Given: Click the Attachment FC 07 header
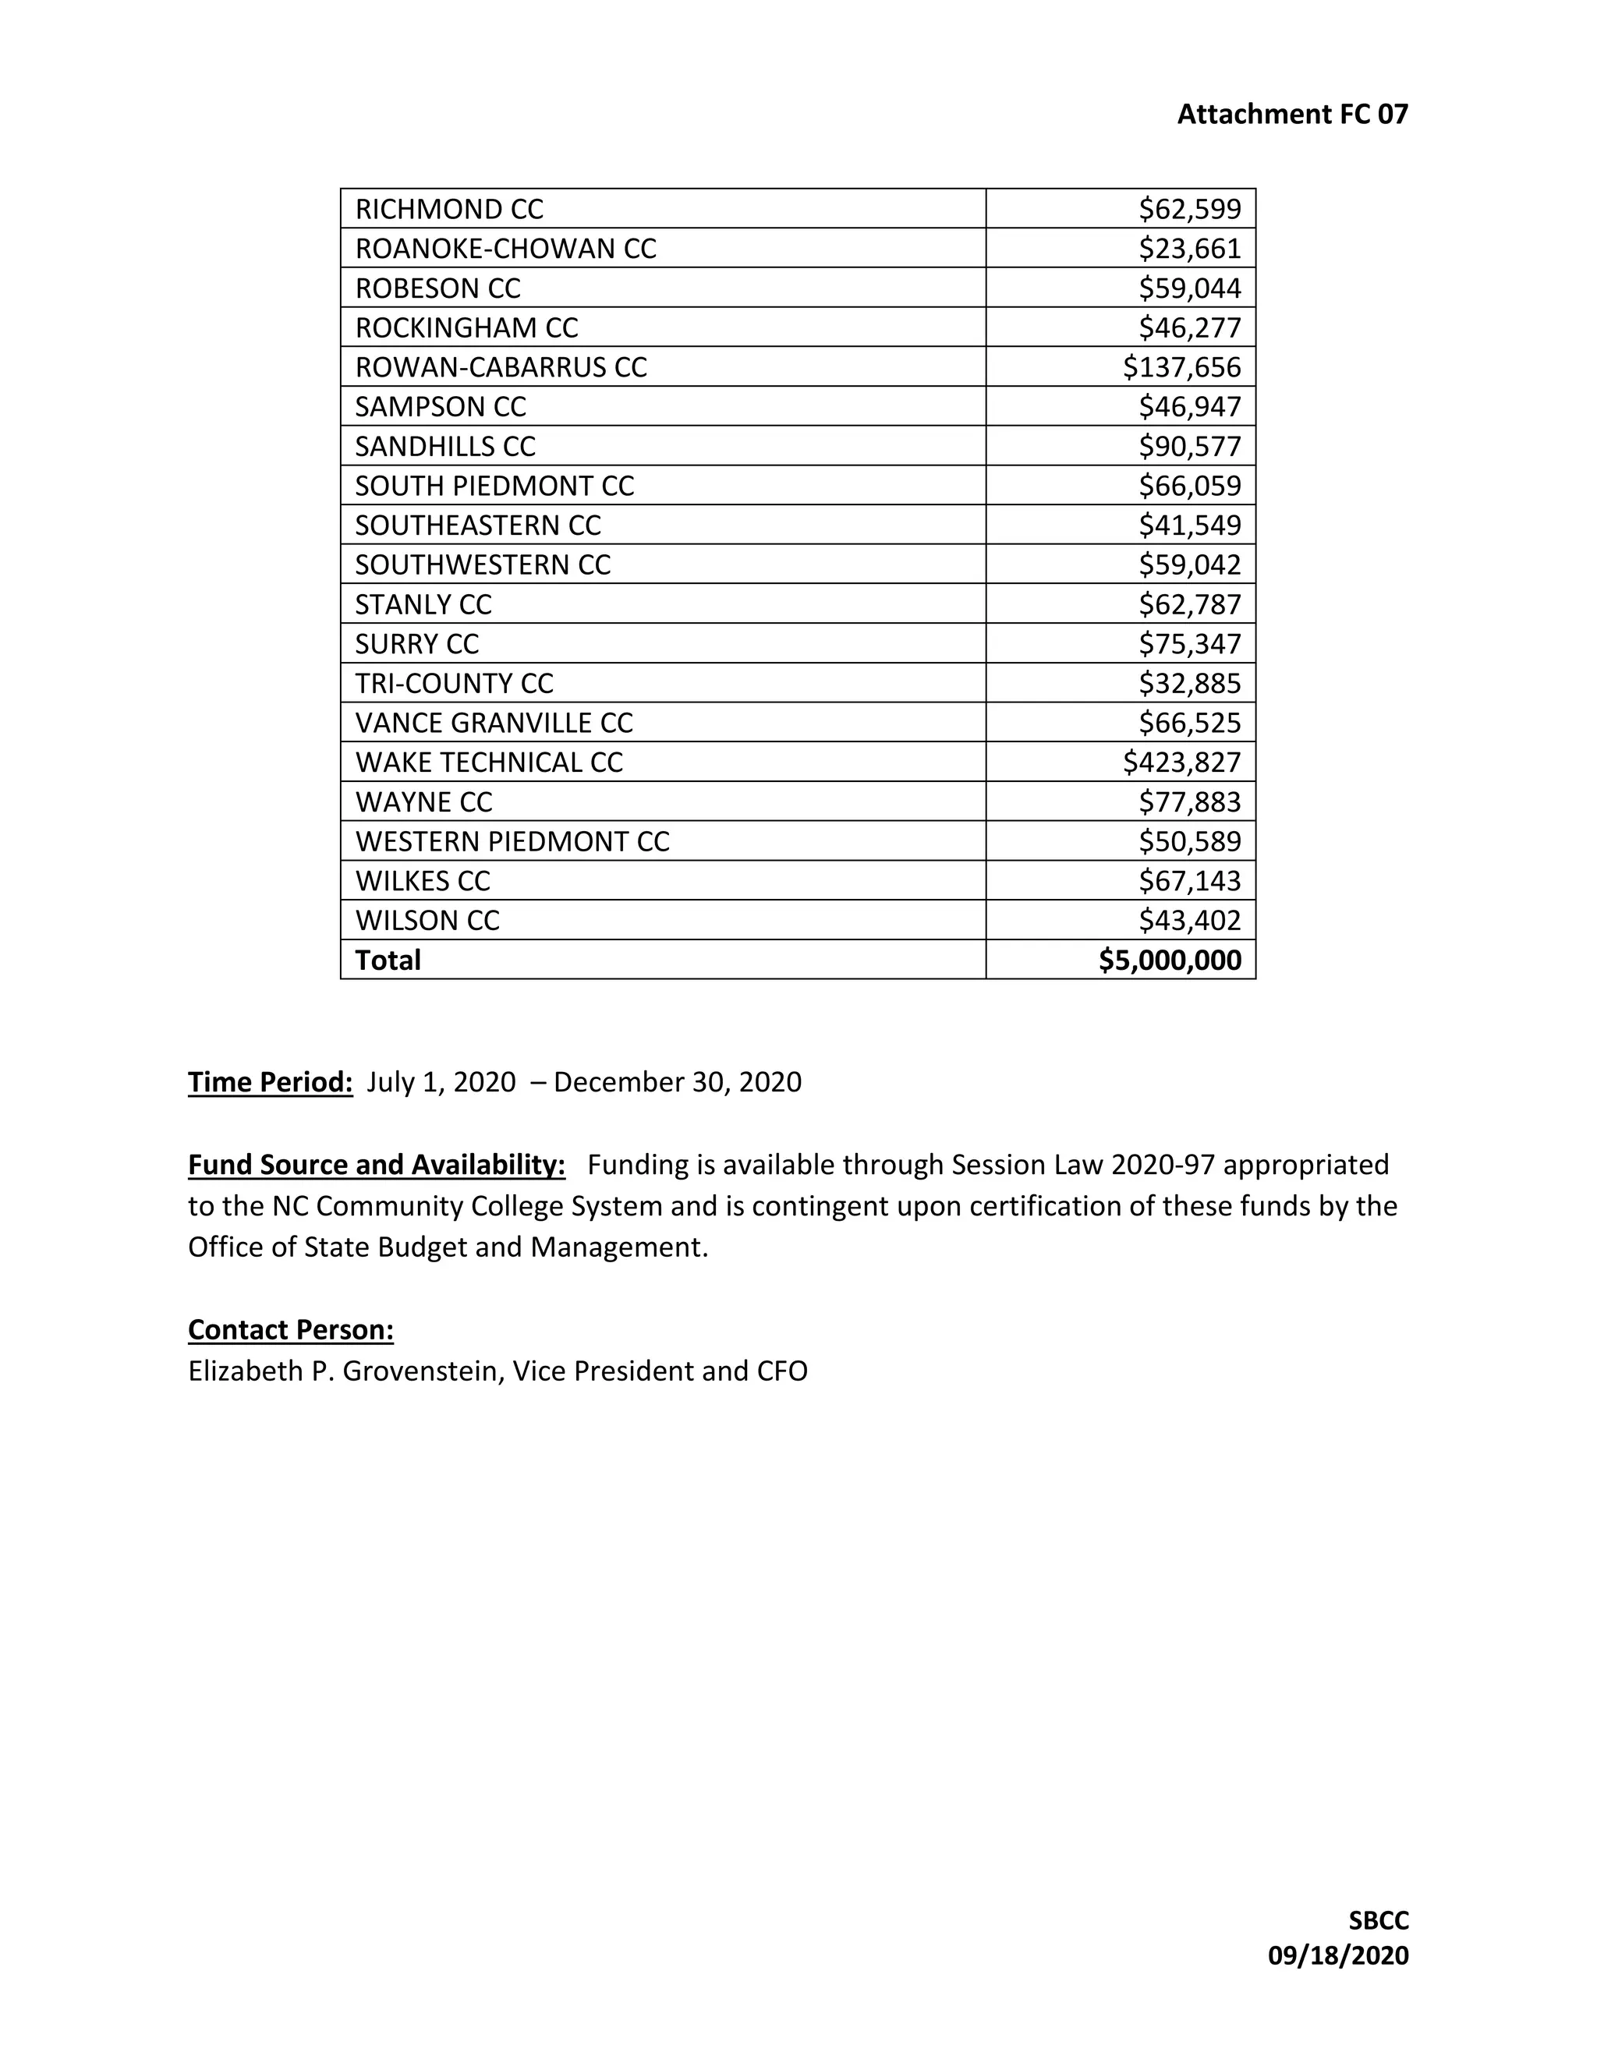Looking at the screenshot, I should tap(1291, 115).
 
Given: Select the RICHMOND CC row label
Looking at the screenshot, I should tap(449, 209).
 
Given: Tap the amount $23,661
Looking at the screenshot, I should tap(1189, 249).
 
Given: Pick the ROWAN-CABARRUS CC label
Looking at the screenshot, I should tap(501, 367).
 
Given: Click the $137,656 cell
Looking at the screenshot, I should tap(1181, 367).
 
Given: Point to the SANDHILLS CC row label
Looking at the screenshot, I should tap(444, 447).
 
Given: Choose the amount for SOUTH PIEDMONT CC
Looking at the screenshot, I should tap(1189, 486).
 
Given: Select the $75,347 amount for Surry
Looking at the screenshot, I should tap(1189, 644).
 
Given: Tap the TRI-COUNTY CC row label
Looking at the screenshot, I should tap(454, 684).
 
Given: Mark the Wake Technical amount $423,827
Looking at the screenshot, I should tap(1181, 762).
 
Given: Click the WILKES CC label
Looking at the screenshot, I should tap(422, 882).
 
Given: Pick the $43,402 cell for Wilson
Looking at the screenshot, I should tap(1189, 921).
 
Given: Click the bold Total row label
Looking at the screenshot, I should tap(388, 960).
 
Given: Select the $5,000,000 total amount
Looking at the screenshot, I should tap(1170, 960).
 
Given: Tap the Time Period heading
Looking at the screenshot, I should tap(270, 1082).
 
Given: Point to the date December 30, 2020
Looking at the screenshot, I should tap(678, 1082).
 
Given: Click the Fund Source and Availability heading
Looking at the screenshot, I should tap(377, 1165).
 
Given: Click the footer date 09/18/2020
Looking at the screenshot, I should tap(1338, 1955).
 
